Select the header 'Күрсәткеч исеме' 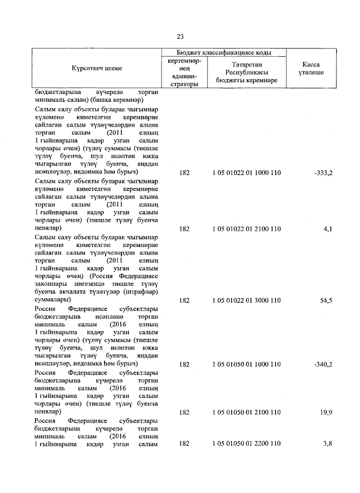(97, 68)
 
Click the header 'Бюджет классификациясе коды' (224, 52)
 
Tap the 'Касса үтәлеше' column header (311, 68)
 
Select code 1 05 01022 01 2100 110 (246, 229)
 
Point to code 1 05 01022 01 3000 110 (246, 301)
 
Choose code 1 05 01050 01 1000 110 (246, 364)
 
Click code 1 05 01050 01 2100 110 (246, 412)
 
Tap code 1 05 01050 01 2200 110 (246, 444)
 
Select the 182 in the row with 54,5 (183, 301)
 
